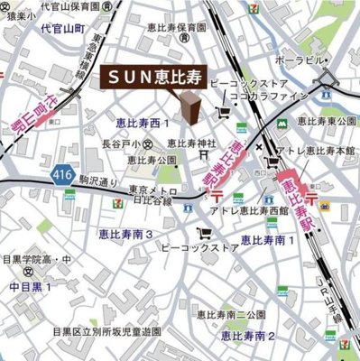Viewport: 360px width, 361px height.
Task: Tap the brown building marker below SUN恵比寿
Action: pos(190,106)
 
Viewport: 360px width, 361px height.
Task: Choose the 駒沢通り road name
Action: pos(97,180)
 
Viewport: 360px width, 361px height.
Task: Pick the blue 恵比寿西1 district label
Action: pos(143,121)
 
